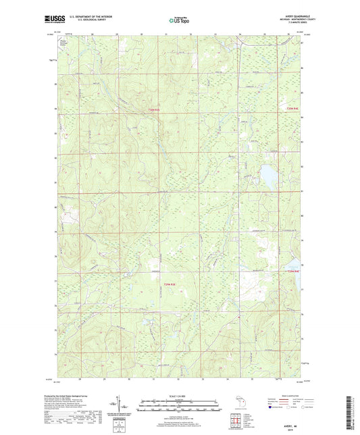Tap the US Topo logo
point(178,21)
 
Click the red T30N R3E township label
point(155,109)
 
